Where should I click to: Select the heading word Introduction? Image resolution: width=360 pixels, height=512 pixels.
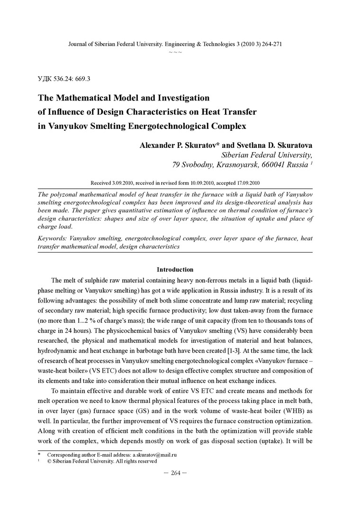pos(175,269)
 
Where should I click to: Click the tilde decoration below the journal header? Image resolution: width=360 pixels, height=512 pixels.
pos(175,51)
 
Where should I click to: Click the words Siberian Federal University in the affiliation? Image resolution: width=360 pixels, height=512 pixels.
pos(266,155)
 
